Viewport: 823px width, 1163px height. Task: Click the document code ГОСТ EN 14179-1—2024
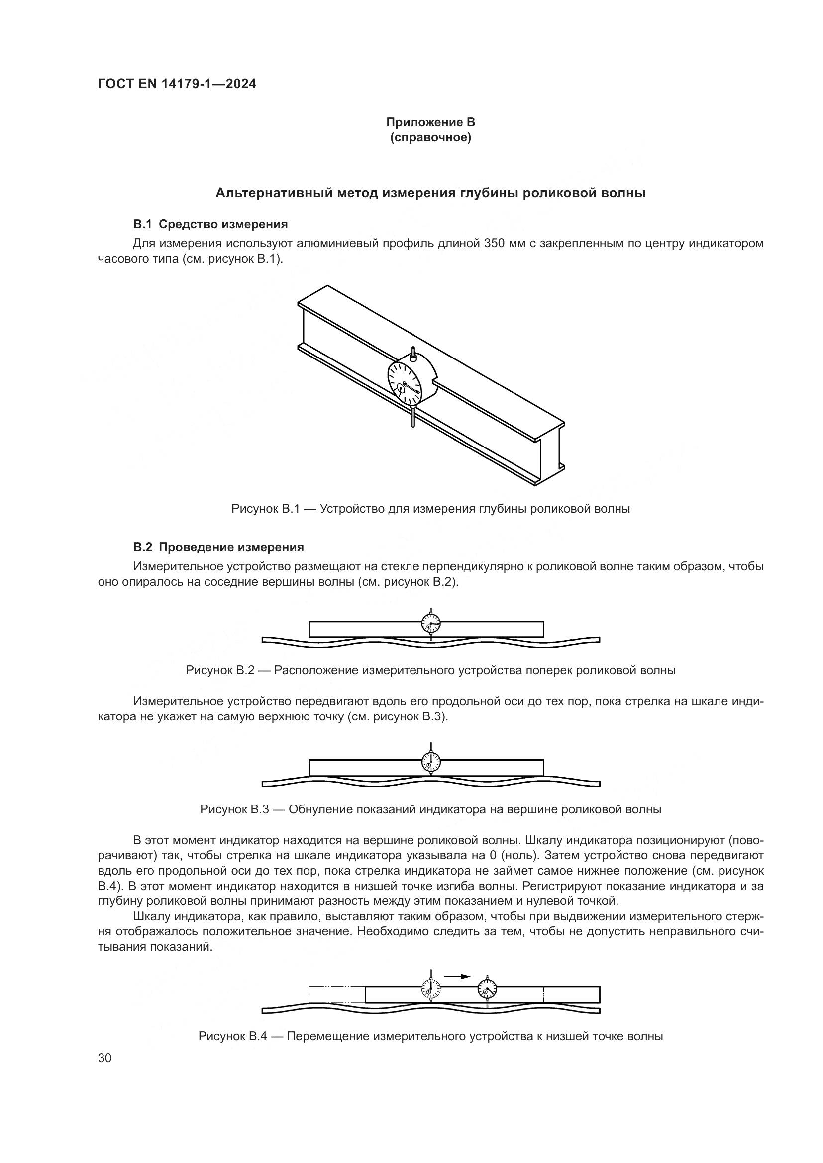pos(177,84)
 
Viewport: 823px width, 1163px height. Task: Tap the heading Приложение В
pos(430,122)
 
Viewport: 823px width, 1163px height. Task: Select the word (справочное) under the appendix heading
pos(430,138)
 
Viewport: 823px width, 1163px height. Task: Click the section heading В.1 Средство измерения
pos(210,224)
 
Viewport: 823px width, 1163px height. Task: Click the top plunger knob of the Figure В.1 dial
pos(413,354)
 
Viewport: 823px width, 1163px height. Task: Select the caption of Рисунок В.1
pos(430,509)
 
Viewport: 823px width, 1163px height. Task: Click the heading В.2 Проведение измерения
pos(218,547)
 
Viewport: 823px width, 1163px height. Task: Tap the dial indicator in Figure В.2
pos(431,624)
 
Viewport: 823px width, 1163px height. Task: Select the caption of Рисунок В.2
pos(430,670)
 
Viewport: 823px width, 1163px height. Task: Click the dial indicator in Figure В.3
pos(431,761)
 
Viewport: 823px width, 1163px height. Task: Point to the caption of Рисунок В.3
pos(430,809)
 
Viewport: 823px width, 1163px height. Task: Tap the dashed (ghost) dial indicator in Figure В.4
pos(431,988)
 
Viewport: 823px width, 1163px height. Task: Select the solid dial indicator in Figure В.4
pos(488,988)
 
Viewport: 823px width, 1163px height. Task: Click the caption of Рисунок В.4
pos(430,1036)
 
